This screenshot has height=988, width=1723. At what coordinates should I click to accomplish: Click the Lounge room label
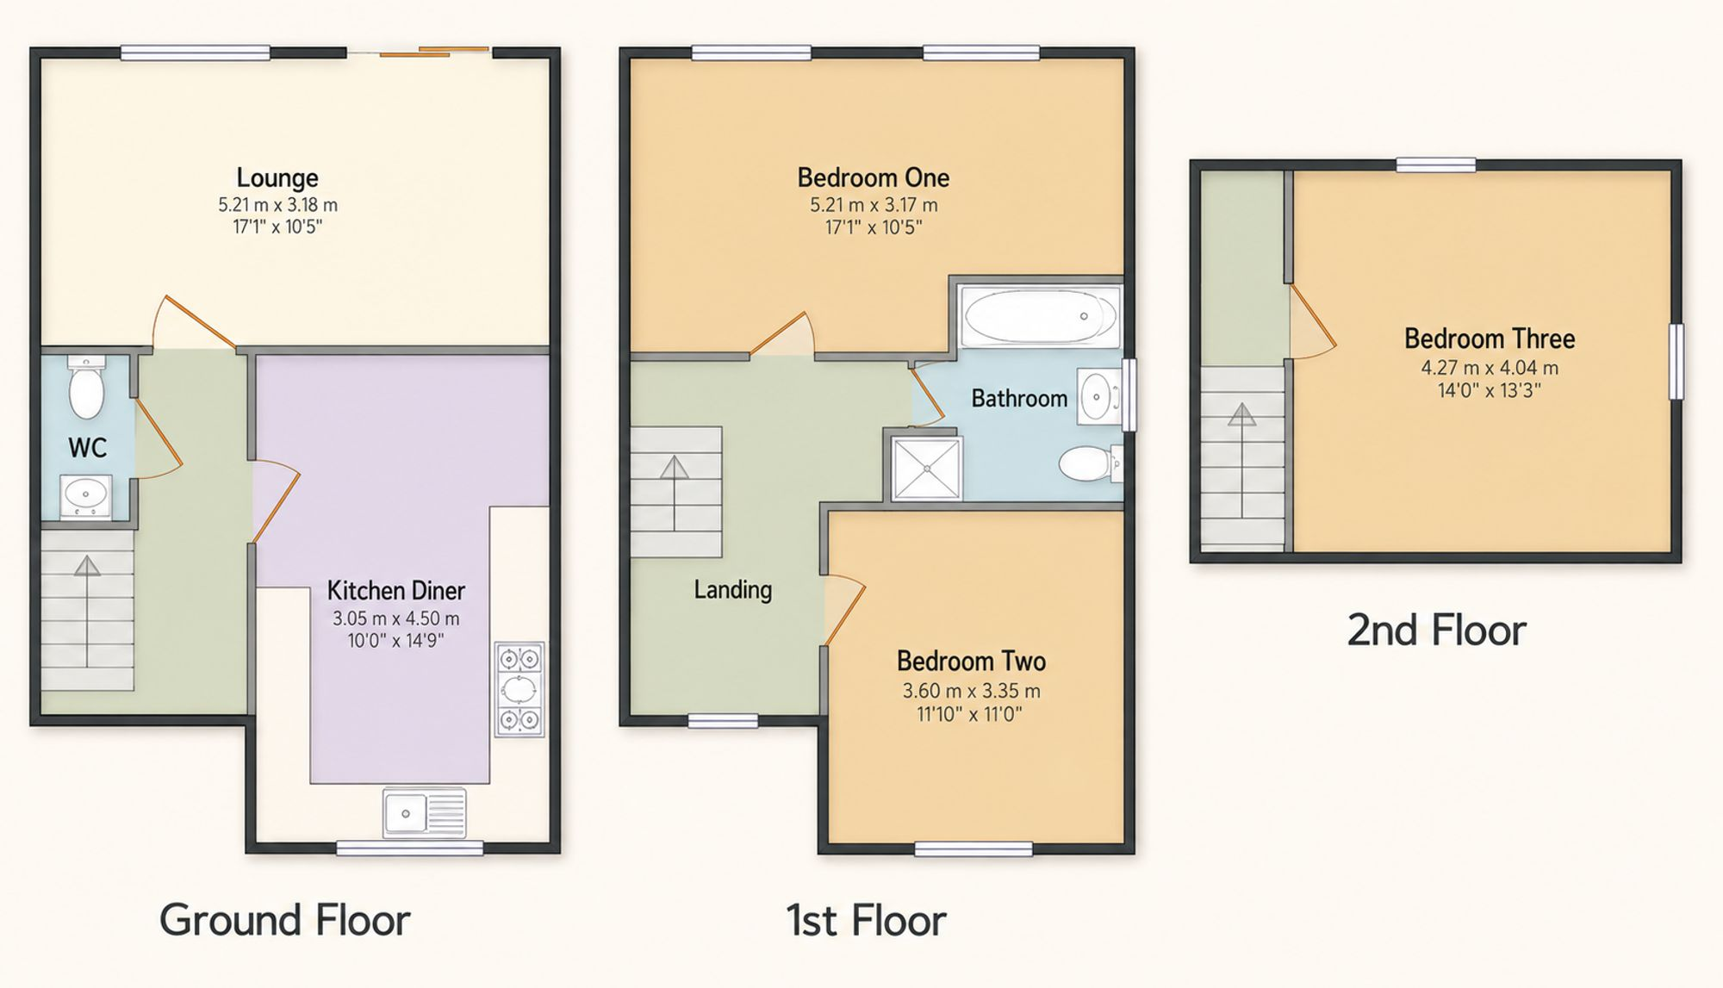(x=277, y=178)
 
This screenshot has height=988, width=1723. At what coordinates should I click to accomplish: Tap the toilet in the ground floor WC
(x=86, y=387)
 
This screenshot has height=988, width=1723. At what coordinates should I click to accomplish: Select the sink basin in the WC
(x=85, y=495)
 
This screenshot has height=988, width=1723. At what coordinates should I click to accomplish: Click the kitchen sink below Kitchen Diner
(x=425, y=812)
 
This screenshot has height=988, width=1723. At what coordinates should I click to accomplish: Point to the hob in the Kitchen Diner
(x=519, y=689)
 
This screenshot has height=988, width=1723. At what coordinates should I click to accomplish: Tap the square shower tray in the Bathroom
(x=927, y=469)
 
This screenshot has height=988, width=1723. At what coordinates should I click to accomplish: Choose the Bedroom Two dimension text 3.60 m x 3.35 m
(x=971, y=691)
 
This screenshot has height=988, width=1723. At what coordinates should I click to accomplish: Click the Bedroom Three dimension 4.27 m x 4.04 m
(x=1490, y=368)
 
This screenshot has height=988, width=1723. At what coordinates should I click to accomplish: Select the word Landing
(x=733, y=590)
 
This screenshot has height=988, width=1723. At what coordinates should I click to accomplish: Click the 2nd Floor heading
(x=1436, y=631)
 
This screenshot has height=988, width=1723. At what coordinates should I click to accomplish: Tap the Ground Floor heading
(x=284, y=920)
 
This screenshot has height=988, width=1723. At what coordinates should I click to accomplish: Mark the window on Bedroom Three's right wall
(x=1676, y=362)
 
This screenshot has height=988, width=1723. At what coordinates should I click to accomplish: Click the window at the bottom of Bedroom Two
(x=973, y=849)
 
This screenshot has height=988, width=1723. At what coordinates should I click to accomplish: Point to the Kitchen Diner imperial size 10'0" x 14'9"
(x=395, y=641)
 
